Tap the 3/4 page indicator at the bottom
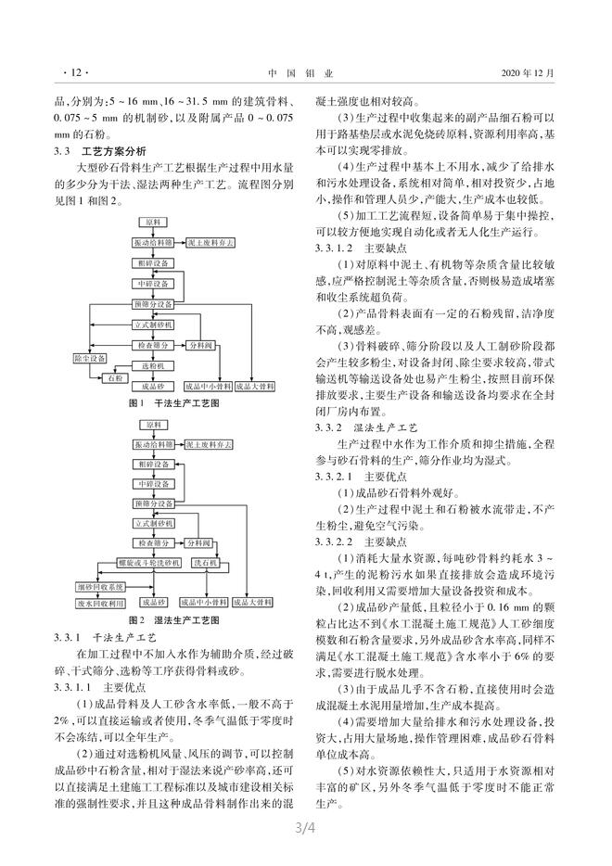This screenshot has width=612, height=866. point(305,847)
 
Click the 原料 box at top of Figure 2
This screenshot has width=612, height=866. point(151,425)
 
